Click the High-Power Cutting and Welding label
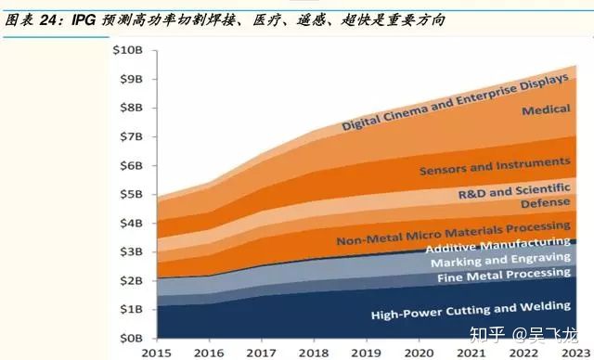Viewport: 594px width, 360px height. point(471,310)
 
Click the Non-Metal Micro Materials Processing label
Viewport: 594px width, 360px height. point(454,232)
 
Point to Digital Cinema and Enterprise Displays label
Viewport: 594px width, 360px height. point(455,102)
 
